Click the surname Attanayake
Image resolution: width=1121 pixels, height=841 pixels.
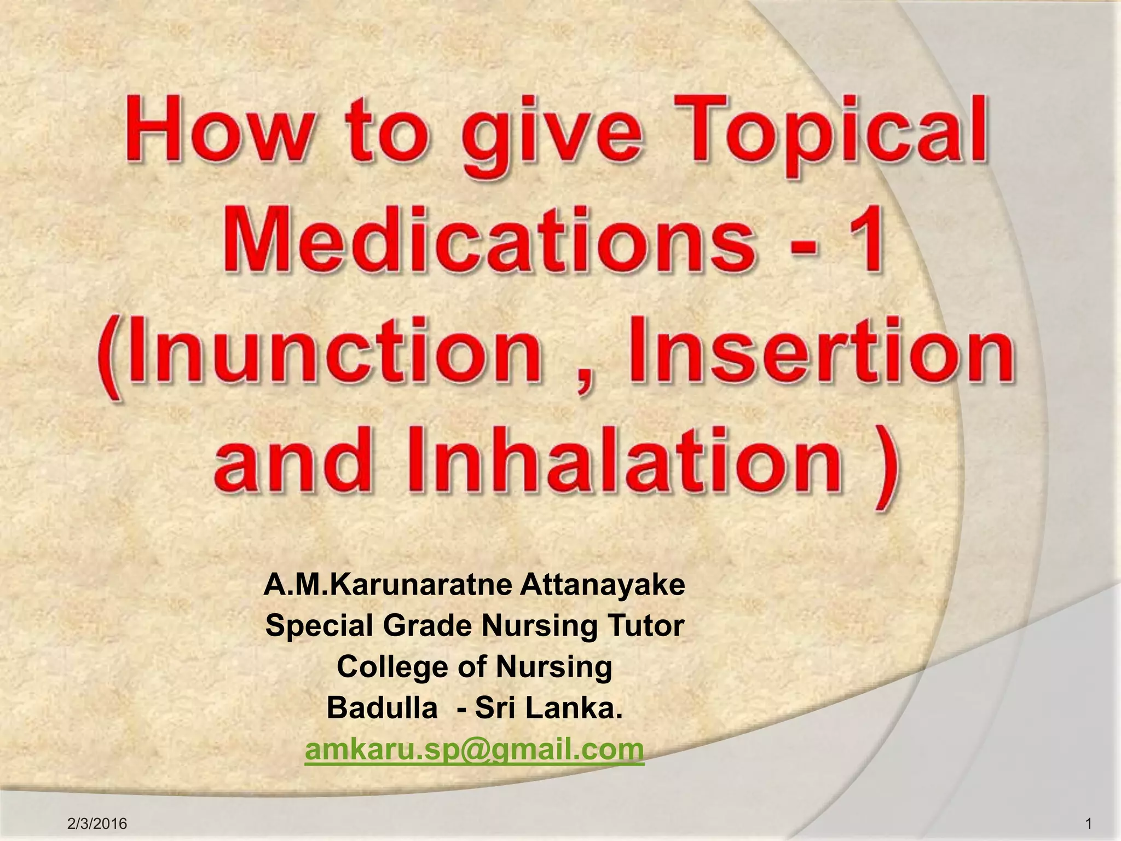pyautogui.click(x=602, y=585)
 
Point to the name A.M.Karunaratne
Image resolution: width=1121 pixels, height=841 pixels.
pyautogui.click(x=388, y=585)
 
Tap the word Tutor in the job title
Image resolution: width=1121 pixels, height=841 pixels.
pyautogui.click(x=649, y=626)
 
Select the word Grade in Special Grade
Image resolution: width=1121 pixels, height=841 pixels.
pyautogui.click(x=426, y=626)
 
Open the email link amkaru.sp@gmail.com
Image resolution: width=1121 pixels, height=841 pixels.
pyautogui.click(x=474, y=749)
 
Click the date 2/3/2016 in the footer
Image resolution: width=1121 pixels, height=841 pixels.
pyautogui.click(x=97, y=823)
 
